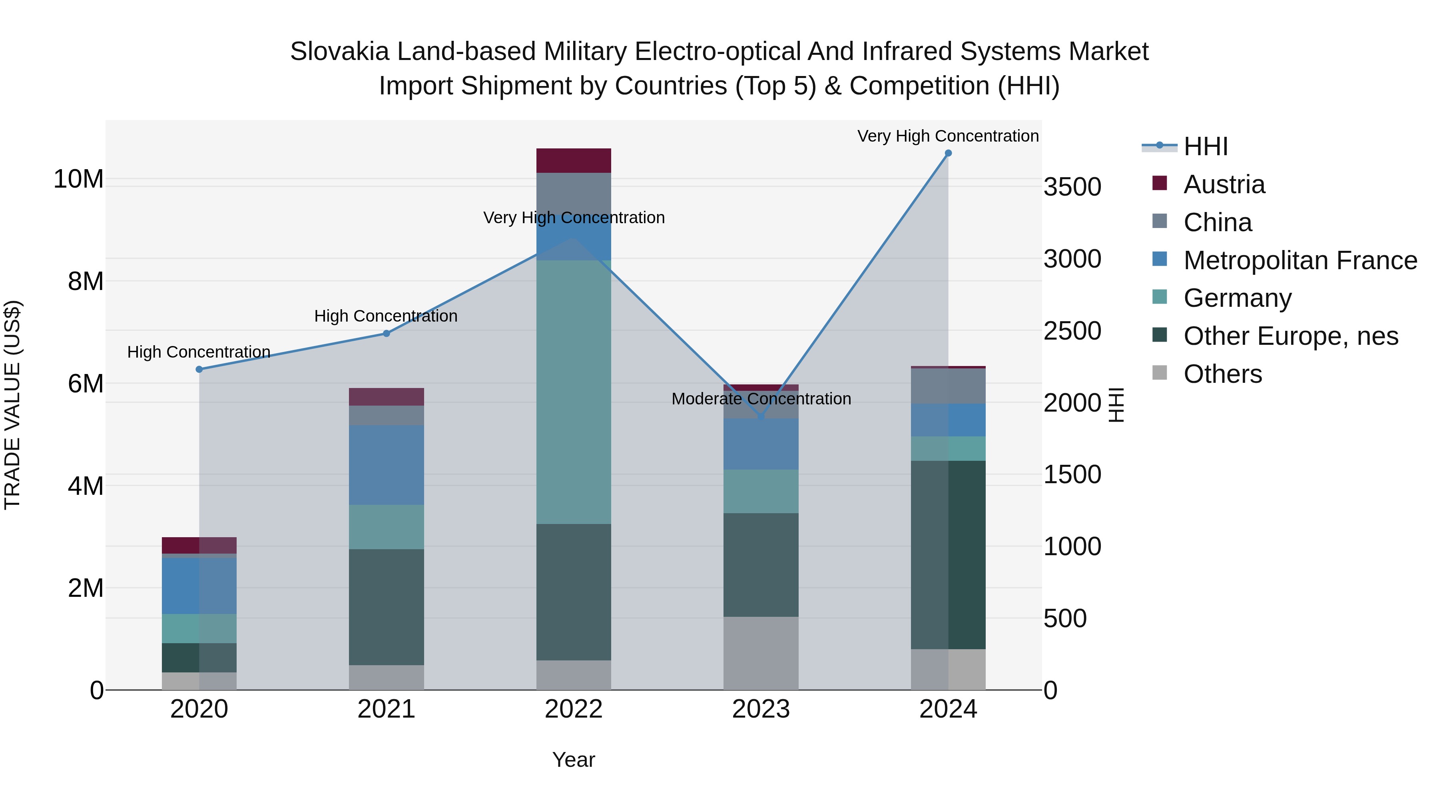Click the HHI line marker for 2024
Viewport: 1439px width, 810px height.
[x=948, y=153]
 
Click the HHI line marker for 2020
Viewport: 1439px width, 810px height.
[x=199, y=370]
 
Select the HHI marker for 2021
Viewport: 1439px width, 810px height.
[x=386, y=334]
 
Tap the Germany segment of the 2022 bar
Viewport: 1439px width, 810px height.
[x=574, y=391]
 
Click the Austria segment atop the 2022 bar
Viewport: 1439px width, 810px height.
[x=574, y=160]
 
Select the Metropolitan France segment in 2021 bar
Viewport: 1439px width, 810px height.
[x=386, y=465]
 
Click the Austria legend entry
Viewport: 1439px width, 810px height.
[x=1224, y=184]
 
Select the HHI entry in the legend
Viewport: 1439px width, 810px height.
[x=1205, y=146]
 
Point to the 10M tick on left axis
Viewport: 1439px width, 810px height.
[x=78, y=180]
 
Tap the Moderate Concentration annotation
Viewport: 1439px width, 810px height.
[x=761, y=399]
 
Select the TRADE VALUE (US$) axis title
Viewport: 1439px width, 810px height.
[x=12, y=405]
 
